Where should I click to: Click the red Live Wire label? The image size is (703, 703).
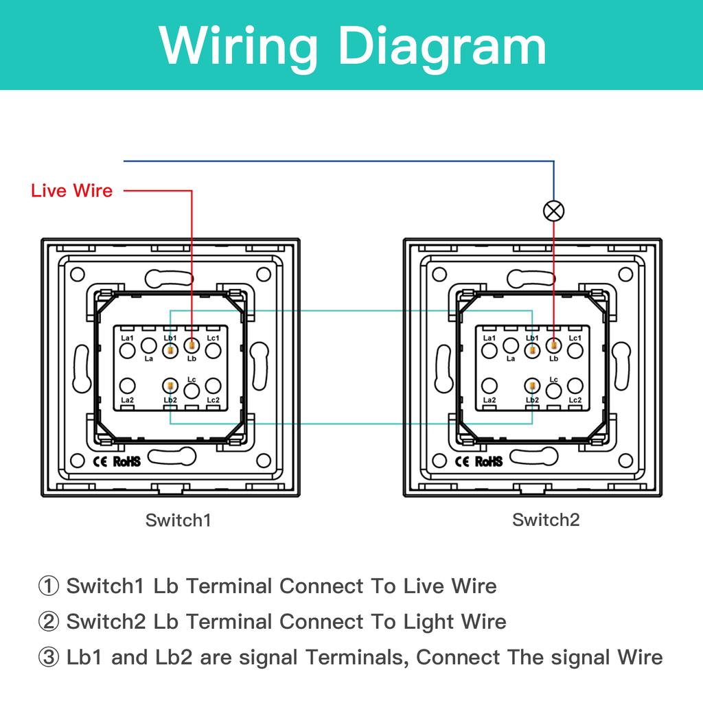[71, 191]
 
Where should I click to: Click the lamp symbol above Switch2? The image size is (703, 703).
[553, 211]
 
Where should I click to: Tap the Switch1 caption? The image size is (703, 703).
[178, 520]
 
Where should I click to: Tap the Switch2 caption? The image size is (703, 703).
[546, 520]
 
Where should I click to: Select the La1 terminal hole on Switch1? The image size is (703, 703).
[127, 351]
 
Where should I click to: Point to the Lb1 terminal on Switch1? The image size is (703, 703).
[170, 351]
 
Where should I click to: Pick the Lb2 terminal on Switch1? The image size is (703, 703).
[170, 387]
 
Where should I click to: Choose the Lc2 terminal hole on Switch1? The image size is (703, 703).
[213, 387]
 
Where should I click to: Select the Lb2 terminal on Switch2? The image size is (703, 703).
[532, 387]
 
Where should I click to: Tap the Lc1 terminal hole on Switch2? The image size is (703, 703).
[575, 351]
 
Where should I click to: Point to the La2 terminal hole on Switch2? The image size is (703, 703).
[489, 387]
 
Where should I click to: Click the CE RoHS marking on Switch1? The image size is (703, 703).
[115, 461]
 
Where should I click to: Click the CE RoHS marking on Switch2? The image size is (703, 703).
[477, 461]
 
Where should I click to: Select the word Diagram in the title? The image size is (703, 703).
[444, 46]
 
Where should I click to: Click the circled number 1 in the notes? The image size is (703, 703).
[49, 586]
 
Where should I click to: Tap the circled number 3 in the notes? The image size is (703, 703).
[49, 658]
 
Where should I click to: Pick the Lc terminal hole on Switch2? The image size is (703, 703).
[554, 391]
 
